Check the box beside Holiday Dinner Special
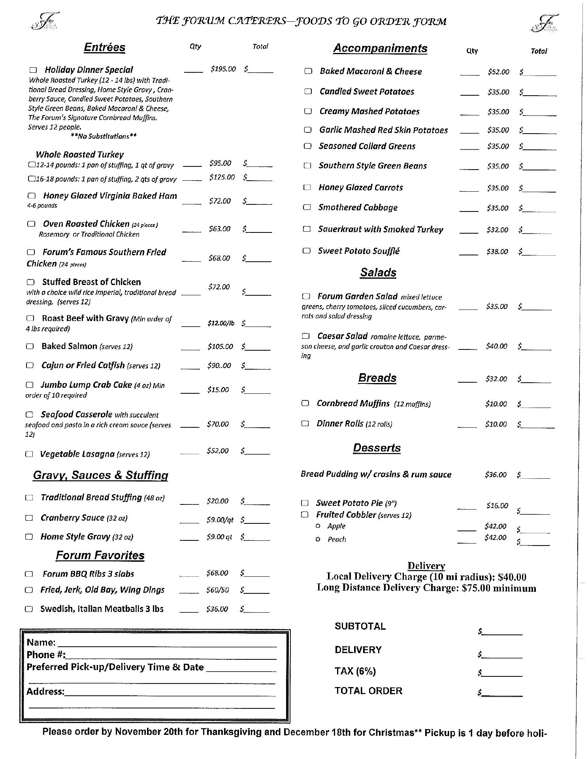click(x=33, y=70)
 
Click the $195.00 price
click(x=223, y=69)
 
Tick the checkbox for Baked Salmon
click(x=30, y=346)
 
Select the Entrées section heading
click(x=104, y=47)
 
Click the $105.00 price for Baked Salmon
click(x=220, y=347)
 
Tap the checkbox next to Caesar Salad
click(x=305, y=336)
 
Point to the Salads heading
click(x=378, y=272)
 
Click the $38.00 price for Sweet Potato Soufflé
click(x=497, y=251)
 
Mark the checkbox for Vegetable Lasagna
click(x=29, y=454)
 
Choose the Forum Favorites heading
click(x=100, y=555)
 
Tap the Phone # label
click(x=46, y=655)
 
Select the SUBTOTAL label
click(x=360, y=626)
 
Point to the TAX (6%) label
click(x=355, y=671)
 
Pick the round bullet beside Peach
click(x=318, y=539)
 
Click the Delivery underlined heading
click(x=426, y=566)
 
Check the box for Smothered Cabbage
click(x=307, y=207)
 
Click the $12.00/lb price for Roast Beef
click(x=221, y=323)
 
